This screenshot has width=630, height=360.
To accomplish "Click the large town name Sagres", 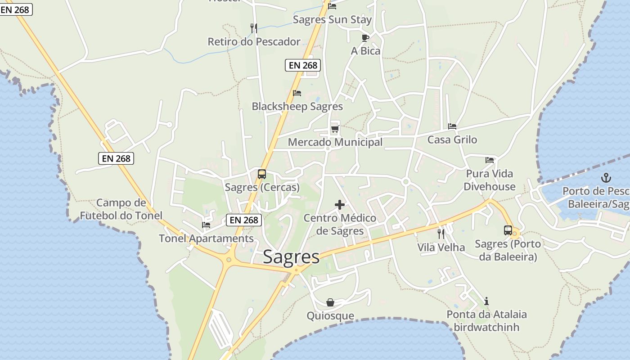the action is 291,256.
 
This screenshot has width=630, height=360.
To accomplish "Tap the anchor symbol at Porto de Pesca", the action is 606,177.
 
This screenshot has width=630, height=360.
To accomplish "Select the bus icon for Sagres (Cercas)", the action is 261,174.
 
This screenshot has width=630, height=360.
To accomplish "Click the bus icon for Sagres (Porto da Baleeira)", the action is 508,230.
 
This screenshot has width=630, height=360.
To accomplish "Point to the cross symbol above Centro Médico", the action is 340,205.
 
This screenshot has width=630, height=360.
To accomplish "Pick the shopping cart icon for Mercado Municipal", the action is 334,129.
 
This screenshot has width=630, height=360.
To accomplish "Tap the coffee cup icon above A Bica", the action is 365,38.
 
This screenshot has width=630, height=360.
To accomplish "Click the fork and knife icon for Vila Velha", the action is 441,234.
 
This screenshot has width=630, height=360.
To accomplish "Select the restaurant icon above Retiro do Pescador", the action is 254,28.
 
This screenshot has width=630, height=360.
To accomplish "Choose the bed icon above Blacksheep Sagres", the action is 297,93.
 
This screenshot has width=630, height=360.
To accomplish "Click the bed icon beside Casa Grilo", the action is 452,126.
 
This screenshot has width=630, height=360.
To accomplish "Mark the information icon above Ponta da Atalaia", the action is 486,301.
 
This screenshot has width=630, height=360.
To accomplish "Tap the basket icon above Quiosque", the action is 330,302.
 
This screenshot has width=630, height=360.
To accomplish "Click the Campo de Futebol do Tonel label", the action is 121,209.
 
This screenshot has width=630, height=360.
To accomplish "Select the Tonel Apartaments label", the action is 206,238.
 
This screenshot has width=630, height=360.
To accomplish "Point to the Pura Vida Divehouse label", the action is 490,180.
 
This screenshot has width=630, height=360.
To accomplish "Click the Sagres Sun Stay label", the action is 332,19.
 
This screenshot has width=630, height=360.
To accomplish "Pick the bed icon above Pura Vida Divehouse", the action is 490,160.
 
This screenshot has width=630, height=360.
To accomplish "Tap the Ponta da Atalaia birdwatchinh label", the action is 486,320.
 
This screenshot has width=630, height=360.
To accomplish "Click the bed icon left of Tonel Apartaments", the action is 206,225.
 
